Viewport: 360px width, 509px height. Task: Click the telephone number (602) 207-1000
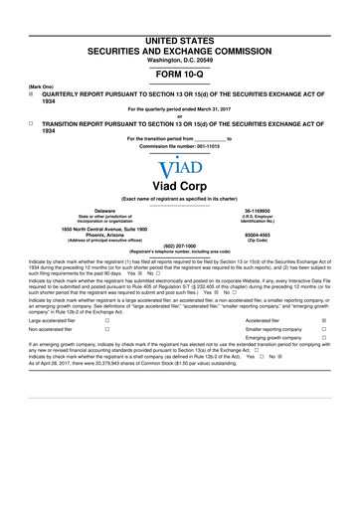[179, 247]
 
